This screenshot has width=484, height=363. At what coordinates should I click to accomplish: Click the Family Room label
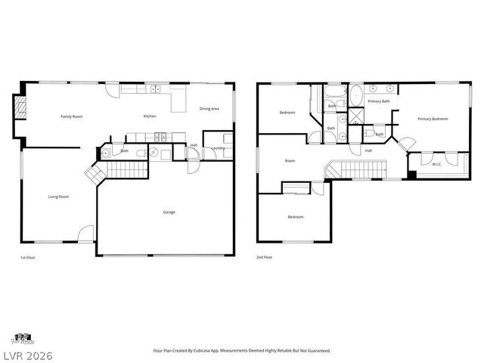click(72, 116)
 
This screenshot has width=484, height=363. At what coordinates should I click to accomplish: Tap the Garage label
click(169, 212)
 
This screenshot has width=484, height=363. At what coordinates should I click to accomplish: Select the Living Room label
click(59, 197)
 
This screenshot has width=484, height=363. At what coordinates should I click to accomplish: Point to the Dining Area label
click(209, 109)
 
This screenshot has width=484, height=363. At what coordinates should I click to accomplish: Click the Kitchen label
click(150, 116)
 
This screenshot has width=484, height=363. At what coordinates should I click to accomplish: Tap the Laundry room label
click(218, 148)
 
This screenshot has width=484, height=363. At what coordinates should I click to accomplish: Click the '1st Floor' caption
click(27, 258)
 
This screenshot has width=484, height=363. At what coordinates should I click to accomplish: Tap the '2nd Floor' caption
click(265, 258)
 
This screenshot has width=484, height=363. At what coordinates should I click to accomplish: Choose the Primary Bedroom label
click(433, 119)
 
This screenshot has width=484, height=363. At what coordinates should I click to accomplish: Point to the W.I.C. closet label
click(436, 164)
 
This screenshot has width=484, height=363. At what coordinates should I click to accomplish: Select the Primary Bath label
click(379, 101)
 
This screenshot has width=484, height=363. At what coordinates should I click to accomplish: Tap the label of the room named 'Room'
click(290, 160)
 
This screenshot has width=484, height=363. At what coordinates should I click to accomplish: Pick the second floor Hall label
click(368, 150)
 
